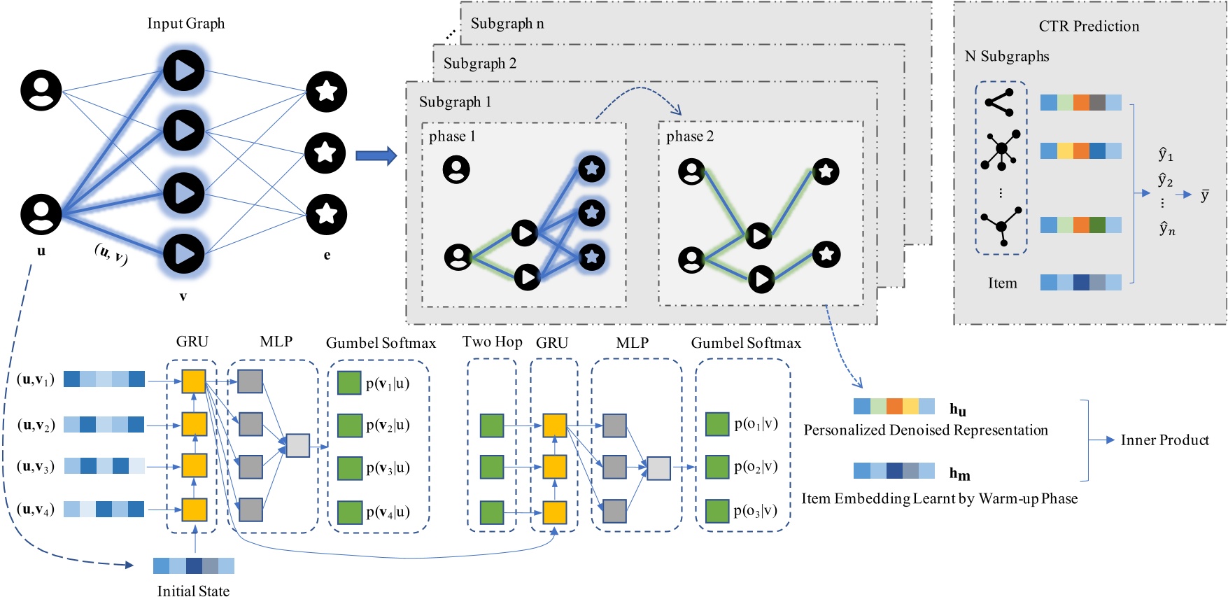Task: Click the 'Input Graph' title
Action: click(185, 23)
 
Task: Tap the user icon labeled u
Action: click(41, 213)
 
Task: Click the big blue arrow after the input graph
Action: click(376, 155)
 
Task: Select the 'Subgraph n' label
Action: click(507, 23)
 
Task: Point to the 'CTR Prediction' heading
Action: click(1088, 26)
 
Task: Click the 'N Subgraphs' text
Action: click(1006, 56)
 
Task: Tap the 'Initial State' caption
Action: click(193, 591)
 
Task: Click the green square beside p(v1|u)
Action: click(349, 383)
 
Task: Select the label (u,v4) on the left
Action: click(35, 510)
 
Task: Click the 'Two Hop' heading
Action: click(492, 342)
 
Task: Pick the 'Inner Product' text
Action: click(1164, 440)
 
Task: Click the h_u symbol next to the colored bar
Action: click(957, 409)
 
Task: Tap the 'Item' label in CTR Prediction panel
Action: click(1002, 283)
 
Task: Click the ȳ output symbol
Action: click(1204, 195)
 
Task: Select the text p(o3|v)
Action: click(755, 510)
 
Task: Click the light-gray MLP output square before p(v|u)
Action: click(298, 445)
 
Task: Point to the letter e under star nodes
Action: click(327, 255)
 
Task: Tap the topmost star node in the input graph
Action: click(326, 91)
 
